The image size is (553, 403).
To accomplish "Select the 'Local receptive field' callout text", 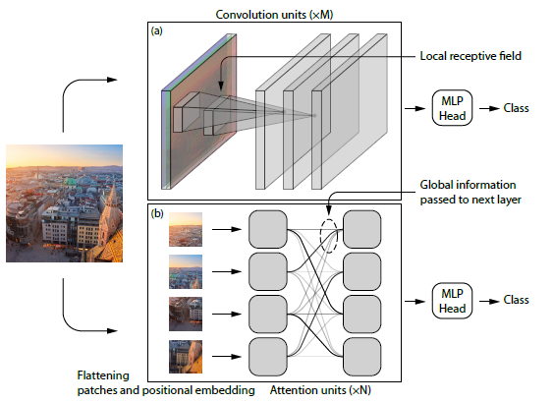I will [x=474, y=57].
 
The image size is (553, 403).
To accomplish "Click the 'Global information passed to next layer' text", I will [x=469, y=191].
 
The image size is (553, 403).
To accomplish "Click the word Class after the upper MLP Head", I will [x=518, y=107].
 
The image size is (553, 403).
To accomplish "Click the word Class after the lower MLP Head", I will [x=518, y=300].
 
